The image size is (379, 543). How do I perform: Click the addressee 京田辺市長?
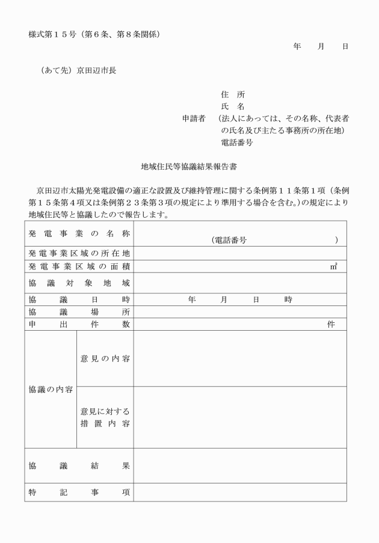[96, 70]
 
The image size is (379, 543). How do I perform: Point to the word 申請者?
[194, 118]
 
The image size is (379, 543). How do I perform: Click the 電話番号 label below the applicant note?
[237, 143]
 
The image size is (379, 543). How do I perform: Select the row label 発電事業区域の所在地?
[79, 253]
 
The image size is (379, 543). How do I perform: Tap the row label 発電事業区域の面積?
[79, 266]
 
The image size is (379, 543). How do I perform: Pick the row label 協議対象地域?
[79, 283]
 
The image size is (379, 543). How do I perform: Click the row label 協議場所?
[79, 312]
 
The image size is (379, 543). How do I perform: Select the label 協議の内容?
[51, 389]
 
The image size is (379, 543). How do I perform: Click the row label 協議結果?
[79, 465]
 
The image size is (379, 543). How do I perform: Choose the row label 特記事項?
[79, 492]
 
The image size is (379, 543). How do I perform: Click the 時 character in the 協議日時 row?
[289, 299]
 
